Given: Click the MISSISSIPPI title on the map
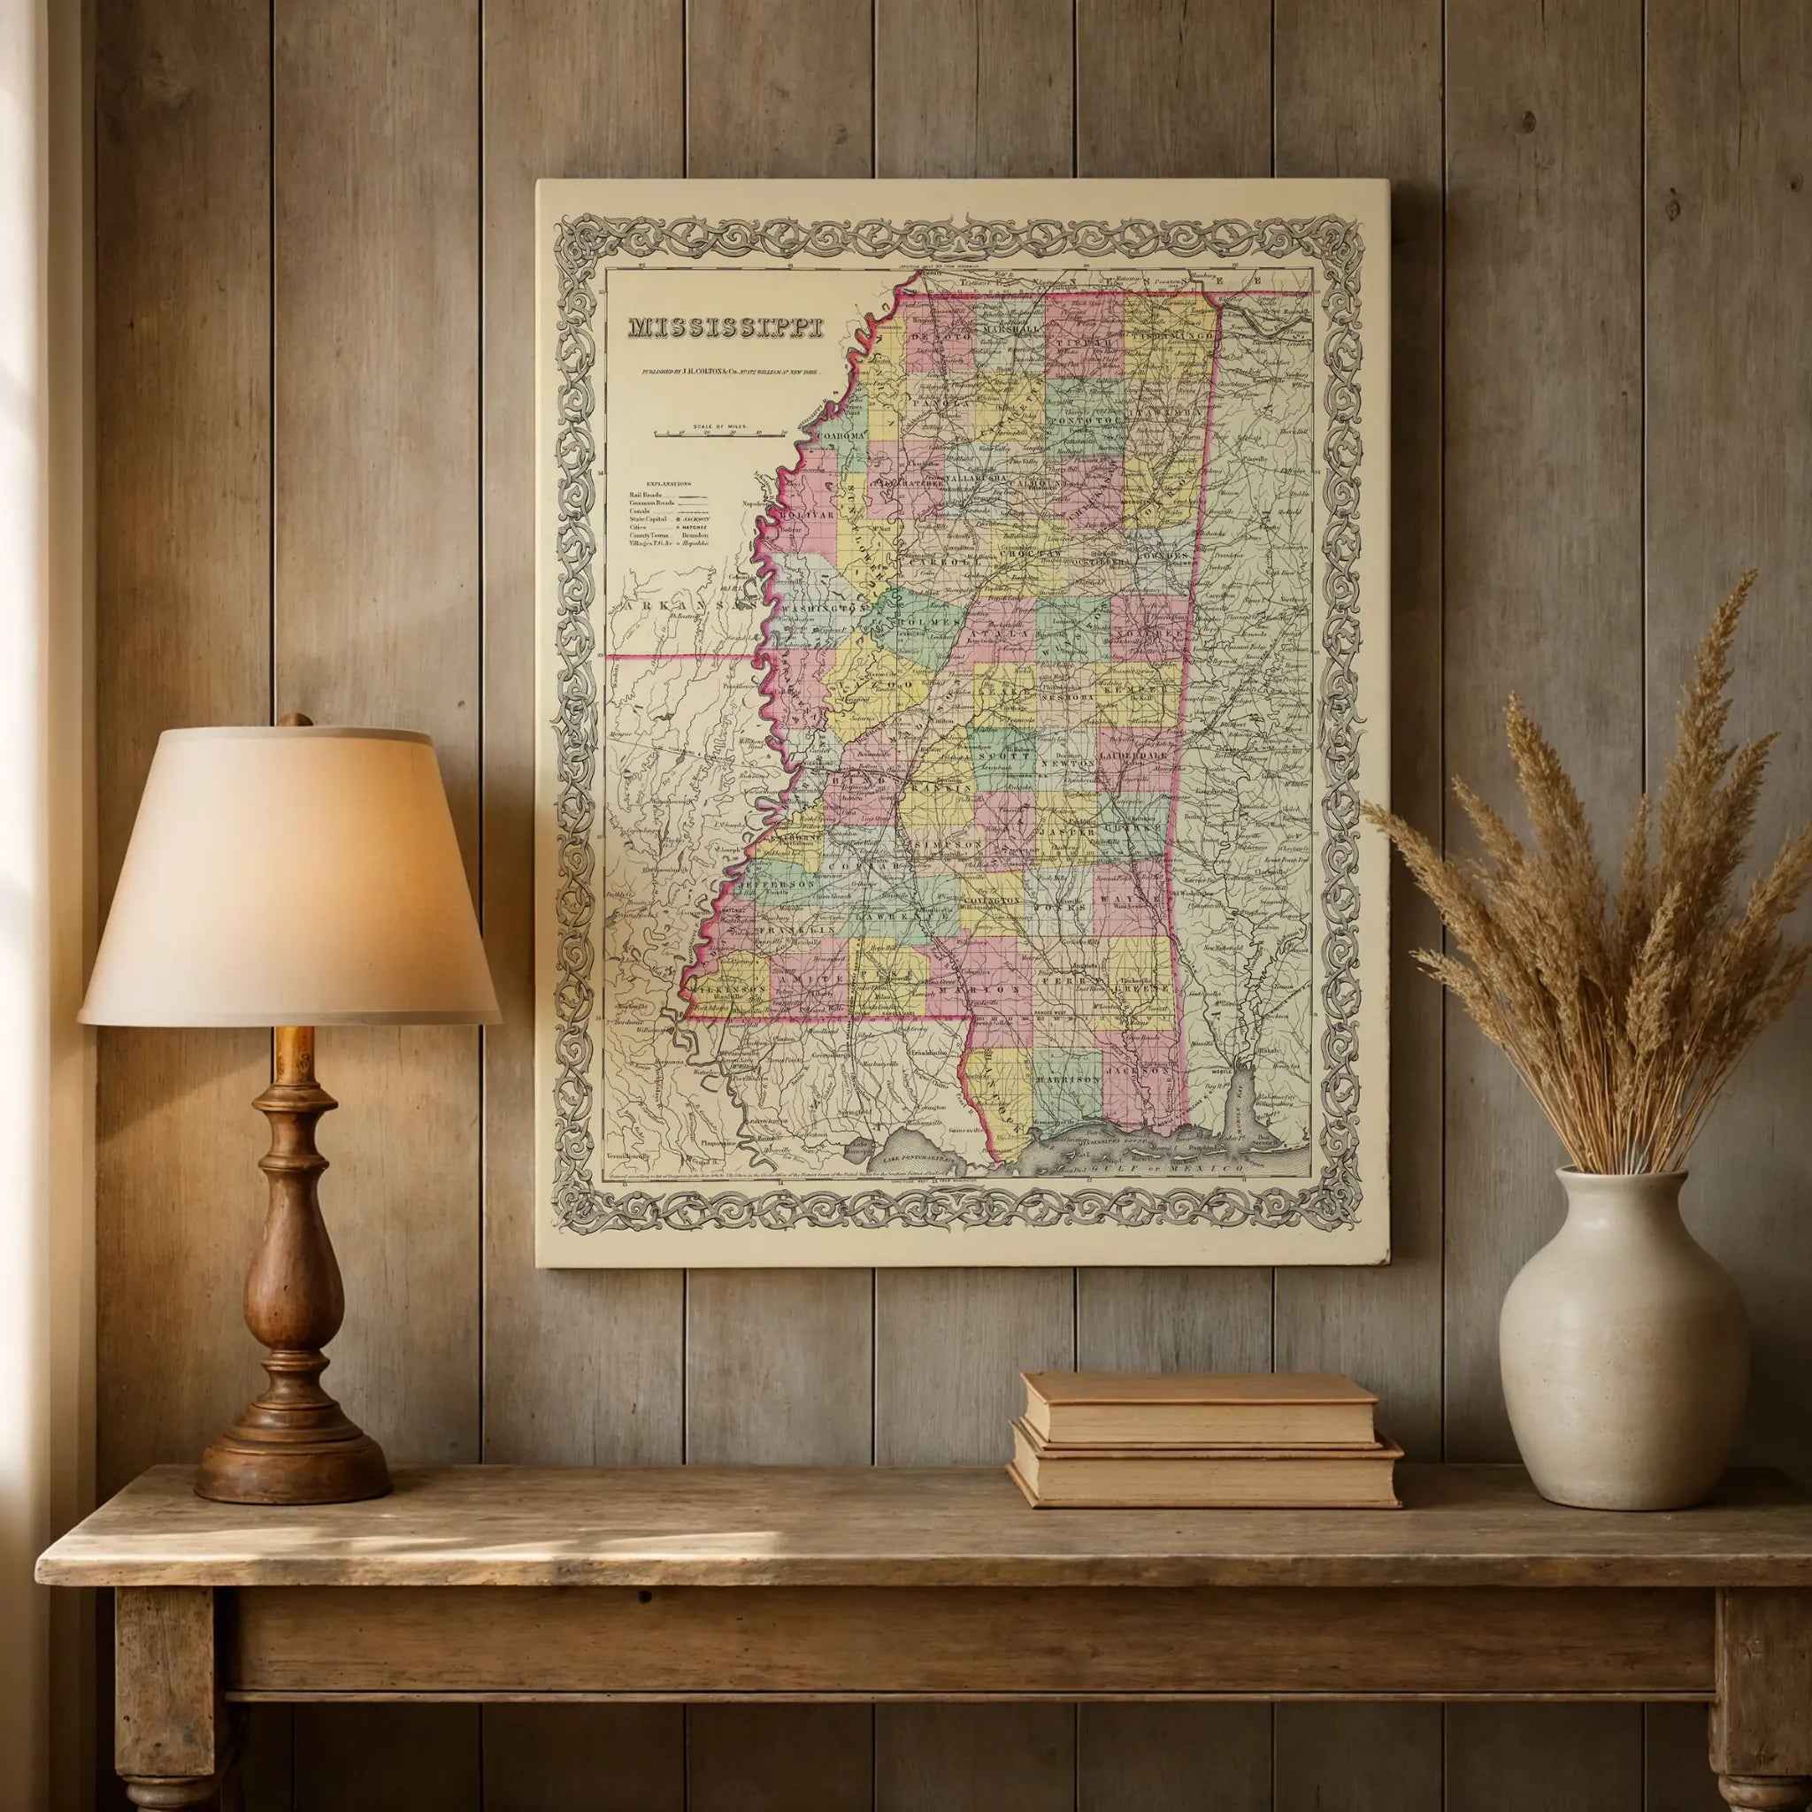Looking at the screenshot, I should click(725, 327).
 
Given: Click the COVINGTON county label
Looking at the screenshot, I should click(991, 901).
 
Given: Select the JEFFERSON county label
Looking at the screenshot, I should click(778, 885).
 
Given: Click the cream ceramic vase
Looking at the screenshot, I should click(1623, 1350).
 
